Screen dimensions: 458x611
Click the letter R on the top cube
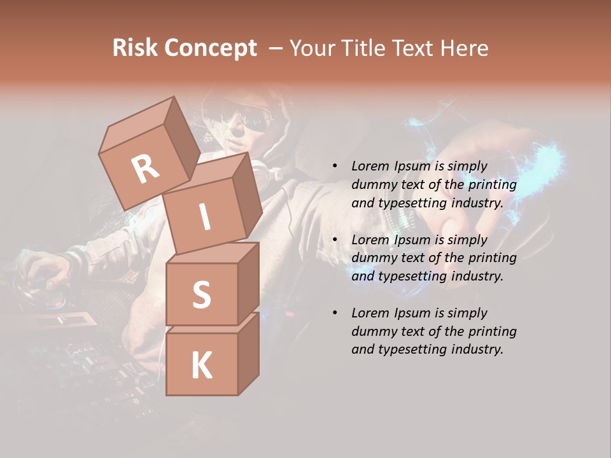point(146,169)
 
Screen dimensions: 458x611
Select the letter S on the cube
point(201,295)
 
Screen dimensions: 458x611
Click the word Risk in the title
point(135,48)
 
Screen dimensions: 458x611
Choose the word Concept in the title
point(210,48)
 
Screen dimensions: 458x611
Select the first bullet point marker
point(335,167)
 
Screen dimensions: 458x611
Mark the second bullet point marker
point(335,240)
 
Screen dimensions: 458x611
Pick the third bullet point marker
point(335,313)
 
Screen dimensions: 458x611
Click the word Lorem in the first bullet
point(371,166)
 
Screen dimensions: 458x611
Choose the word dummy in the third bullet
point(372,331)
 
